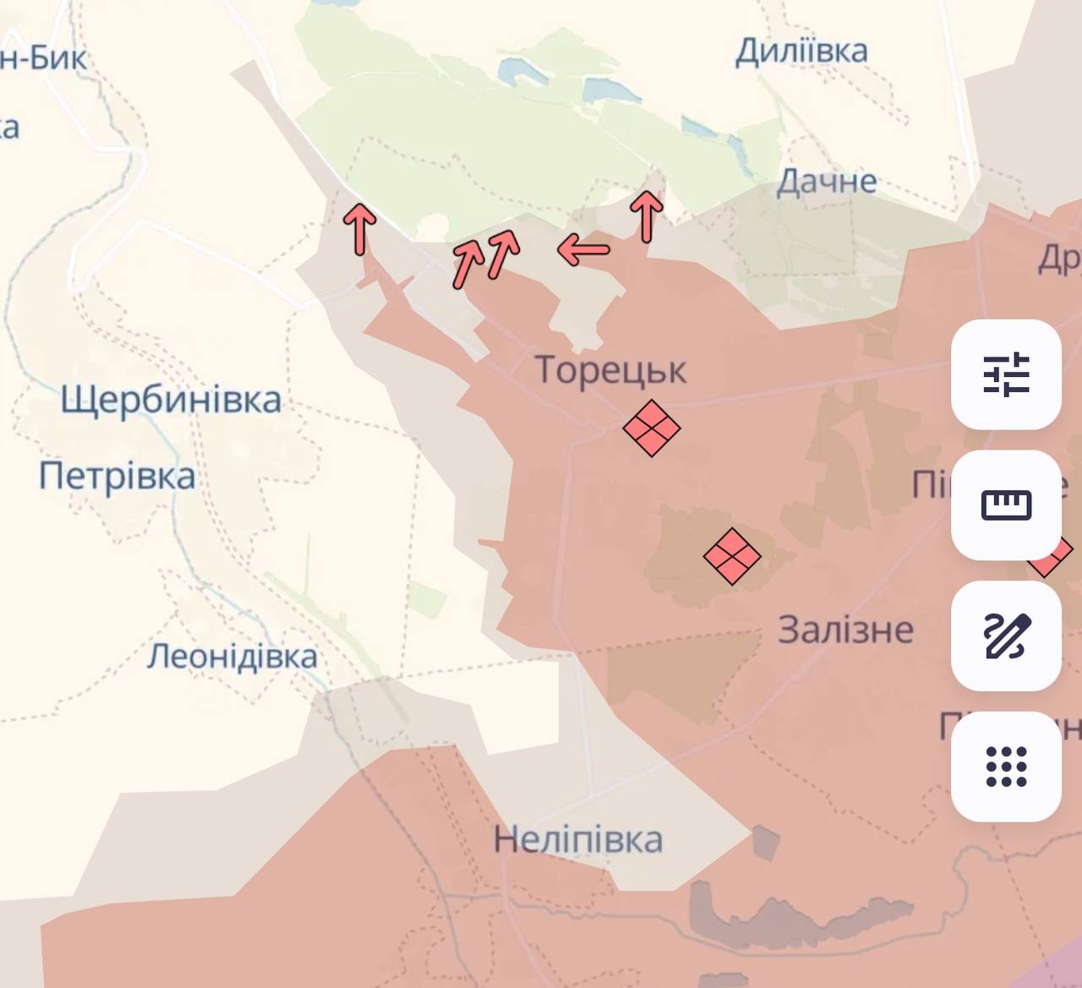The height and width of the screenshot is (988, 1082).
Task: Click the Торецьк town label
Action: (610, 370)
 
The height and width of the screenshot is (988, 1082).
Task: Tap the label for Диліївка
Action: (801, 52)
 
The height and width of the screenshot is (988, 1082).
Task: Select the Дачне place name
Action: (826, 181)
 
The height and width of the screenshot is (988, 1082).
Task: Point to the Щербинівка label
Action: (171, 400)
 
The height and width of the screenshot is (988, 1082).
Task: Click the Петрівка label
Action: (117, 476)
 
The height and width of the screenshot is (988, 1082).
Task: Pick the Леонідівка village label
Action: (232, 657)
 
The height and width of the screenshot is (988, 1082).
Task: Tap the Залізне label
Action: (845, 630)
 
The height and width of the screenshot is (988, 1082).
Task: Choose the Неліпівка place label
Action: (577, 840)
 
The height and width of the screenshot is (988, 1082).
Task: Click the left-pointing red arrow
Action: (583, 249)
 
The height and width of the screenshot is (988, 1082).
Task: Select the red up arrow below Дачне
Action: (647, 216)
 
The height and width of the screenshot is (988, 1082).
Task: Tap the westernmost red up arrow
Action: (360, 228)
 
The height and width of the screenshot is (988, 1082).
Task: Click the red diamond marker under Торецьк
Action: (652, 428)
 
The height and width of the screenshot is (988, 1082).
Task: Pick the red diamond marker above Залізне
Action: (732, 556)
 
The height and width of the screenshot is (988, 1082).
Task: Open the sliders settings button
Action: (1006, 374)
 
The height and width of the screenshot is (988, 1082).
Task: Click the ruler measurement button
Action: (1006, 505)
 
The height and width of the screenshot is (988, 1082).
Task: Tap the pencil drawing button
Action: (1006, 636)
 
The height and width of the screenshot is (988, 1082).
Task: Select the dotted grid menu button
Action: (1006, 766)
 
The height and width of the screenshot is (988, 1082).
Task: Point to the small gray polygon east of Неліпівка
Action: (765, 843)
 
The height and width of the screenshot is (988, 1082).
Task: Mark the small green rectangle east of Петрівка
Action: (428, 598)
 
